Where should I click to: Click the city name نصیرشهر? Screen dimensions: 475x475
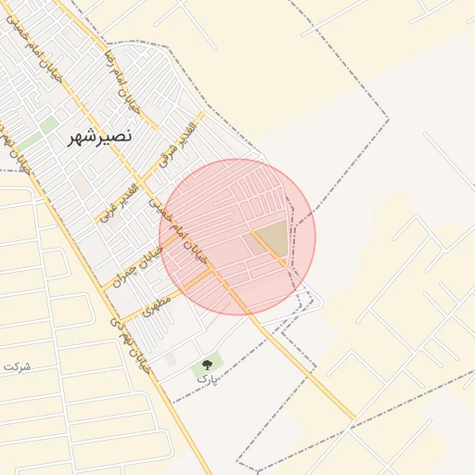click(x=99, y=136)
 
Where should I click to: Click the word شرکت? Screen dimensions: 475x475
click(x=18, y=366)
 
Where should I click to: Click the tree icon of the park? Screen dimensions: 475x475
click(x=206, y=366)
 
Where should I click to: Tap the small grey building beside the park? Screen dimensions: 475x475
click(x=171, y=359)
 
